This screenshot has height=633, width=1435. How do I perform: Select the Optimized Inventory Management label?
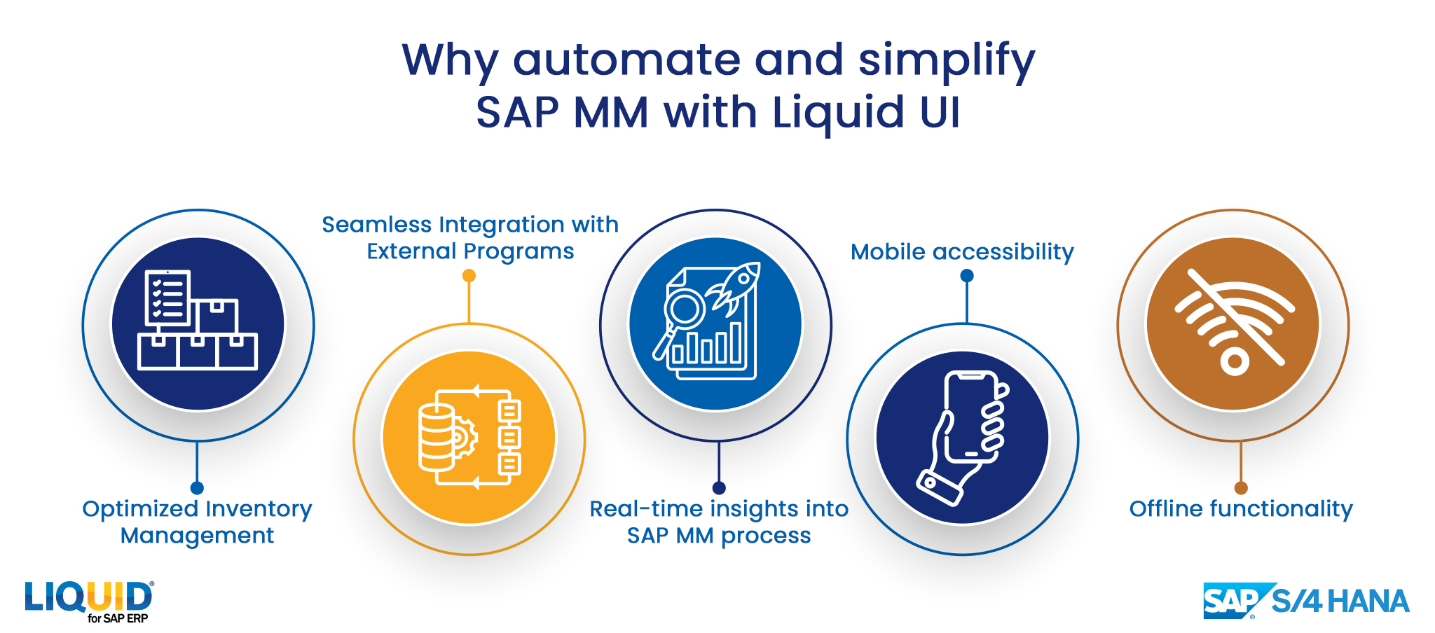point(197,522)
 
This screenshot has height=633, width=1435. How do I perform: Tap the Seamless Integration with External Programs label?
point(470,237)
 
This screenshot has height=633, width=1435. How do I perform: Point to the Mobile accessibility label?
point(962,252)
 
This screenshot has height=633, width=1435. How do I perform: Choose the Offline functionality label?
point(1241,509)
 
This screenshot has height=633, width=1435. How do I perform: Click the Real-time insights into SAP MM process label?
point(719,522)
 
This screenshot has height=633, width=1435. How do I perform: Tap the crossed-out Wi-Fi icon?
point(1234,323)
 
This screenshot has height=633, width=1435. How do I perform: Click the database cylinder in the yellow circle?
point(437,438)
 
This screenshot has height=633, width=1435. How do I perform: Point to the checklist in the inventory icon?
point(167,298)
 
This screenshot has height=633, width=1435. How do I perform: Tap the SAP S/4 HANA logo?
point(1306,601)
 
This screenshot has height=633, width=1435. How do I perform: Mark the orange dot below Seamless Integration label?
point(469,276)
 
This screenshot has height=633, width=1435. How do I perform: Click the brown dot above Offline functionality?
point(1241,488)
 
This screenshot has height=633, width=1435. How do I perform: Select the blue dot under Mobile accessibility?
point(967,276)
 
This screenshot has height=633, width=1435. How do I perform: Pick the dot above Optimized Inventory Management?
point(197,488)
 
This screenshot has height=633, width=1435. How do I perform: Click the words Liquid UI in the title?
point(866,113)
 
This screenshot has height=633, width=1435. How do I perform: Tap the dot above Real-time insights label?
point(719,488)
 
